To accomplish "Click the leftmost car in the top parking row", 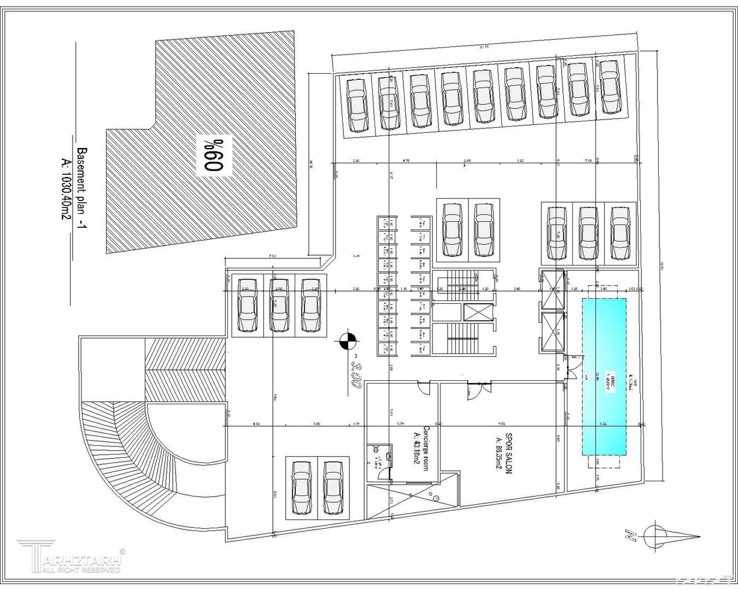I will pos(358,104).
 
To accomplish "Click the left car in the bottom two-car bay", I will pos(301,487).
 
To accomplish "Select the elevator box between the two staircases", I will pos(478,312).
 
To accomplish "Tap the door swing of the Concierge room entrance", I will pos(424,388).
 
